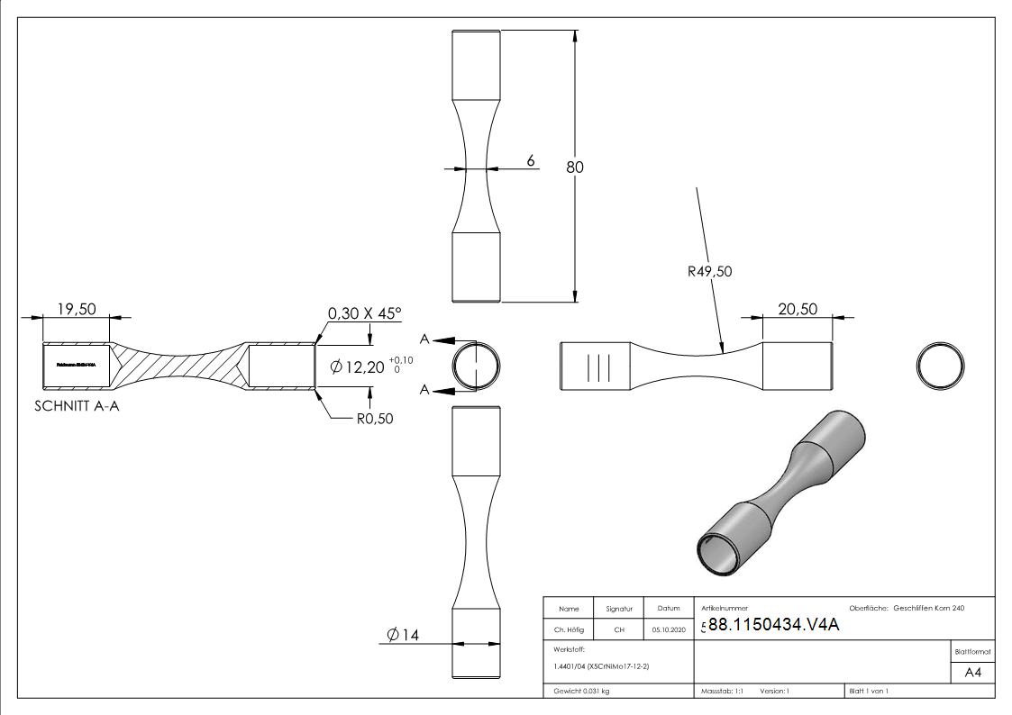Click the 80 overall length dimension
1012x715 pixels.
click(x=575, y=167)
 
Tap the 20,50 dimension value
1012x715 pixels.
click(x=797, y=309)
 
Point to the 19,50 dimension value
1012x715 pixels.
click(x=77, y=309)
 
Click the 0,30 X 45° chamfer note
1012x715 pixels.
click(x=364, y=313)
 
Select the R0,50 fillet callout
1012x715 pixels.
click(x=374, y=418)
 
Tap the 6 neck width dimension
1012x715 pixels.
click(x=531, y=160)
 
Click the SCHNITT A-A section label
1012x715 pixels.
click(x=77, y=406)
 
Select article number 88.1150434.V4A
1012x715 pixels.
click(x=773, y=625)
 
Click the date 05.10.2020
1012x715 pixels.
click(x=669, y=629)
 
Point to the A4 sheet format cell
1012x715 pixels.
click(x=972, y=672)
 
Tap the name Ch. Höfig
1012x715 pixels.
click(x=569, y=629)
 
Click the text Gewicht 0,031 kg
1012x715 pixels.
click(x=581, y=691)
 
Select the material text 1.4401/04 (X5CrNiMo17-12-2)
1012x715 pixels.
click(x=601, y=665)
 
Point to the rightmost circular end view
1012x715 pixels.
click(x=941, y=367)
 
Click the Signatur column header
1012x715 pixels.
click(x=619, y=609)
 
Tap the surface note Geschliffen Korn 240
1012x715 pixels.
click(x=928, y=609)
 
